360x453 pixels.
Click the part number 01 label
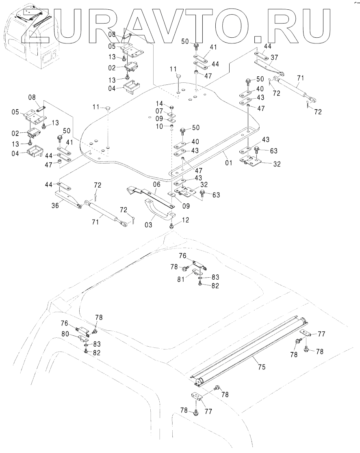[228, 163]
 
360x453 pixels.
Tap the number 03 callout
[148, 224]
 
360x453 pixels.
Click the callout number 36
[55, 205]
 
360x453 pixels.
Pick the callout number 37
[274, 57]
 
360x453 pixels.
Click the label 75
[261, 367]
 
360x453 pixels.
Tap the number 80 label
[65, 334]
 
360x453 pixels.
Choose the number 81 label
[181, 279]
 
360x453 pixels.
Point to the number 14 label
[160, 104]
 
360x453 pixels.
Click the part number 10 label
[159, 126]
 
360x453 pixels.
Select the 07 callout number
[159, 111]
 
